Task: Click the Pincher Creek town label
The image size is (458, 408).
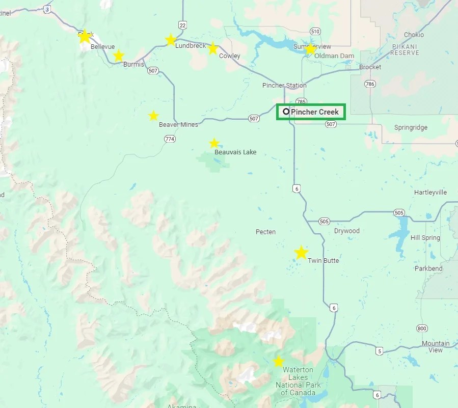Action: click(x=315, y=112)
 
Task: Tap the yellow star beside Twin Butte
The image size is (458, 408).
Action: click(x=301, y=253)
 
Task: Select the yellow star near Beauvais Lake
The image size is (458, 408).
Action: click(x=214, y=144)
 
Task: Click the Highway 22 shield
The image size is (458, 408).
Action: click(x=183, y=25)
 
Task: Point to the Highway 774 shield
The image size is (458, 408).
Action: click(x=170, y=139)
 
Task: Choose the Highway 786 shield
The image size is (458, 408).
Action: click(x=370, y=83)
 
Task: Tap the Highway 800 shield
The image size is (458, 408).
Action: click(x=421, y=328)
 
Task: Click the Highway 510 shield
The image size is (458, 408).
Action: click(x=315, y=32)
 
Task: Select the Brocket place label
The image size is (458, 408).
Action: click(x=370, y=67)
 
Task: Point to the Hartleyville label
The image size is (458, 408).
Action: click(x=430, y=193)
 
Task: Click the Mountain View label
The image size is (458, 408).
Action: click(x=436, y=346)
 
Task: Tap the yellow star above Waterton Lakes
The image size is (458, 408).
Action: click(x=278, y=362)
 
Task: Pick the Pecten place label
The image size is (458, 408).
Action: click(x=265, y=232)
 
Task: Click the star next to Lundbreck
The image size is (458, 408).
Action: click(x=171, y=40)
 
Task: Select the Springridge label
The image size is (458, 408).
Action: click(x=411, y=127)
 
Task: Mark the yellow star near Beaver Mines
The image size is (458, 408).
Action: click(x=153, y=116)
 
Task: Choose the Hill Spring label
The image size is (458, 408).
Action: click(x=425, y=238)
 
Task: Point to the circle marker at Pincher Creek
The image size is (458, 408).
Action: click(x=286, y=112)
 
